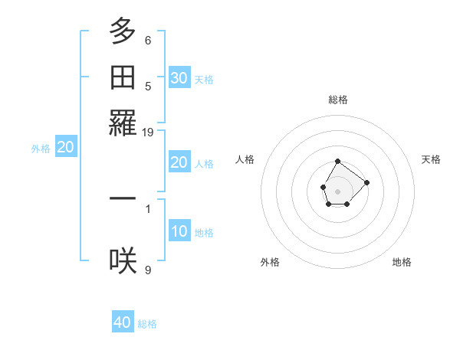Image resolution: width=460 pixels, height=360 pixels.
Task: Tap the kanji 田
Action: tap(123, 77)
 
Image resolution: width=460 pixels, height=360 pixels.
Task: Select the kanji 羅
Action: tap(123, 123)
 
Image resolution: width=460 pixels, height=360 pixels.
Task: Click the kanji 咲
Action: tap(123, 260)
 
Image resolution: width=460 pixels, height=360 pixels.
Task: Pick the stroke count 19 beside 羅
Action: tap(148, 133)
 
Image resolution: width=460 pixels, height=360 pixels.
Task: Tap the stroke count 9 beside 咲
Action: tap(148, 270)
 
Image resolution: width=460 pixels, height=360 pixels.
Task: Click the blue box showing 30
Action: tap(179, 78)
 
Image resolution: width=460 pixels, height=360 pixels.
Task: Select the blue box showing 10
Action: tap(179, 231)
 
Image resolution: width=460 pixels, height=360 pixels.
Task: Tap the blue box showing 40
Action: tap(123, 322)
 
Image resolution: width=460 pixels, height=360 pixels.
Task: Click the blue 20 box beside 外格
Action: tap(66, 148)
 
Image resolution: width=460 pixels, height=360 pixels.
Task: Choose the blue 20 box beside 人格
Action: tap(179, 162)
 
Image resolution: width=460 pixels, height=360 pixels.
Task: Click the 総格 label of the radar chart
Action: tap(338, 100)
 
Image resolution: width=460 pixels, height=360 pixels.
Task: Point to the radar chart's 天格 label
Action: tap(432, 159)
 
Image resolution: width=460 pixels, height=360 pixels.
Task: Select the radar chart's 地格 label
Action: tap(402, 262)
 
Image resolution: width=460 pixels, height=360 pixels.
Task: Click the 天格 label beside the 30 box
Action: tap(204, 79)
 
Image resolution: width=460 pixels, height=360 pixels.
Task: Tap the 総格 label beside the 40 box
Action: tap(147, 324)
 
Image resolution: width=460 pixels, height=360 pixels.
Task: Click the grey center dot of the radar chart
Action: tap(338, 190)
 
